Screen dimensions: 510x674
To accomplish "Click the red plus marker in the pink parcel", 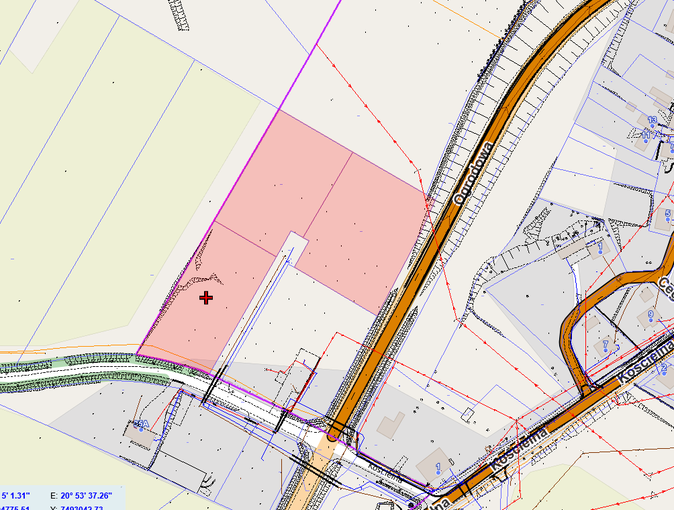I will tap(206, 298).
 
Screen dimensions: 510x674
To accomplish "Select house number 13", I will tap(652, 120).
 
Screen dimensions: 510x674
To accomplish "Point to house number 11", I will tap(646, 134).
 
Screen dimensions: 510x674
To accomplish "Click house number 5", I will tap(667, 214).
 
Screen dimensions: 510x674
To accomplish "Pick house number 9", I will tap(650, 314).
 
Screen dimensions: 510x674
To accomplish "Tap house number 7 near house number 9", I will tap(605, 345).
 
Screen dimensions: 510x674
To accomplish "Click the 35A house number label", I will tap(140, 424).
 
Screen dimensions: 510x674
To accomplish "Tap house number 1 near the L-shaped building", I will tap(438, 466).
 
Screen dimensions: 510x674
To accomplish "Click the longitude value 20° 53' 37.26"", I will tap(86, 495).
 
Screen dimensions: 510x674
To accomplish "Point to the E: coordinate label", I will tap(54, 495).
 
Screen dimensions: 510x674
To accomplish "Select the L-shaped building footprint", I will tap(390, 424).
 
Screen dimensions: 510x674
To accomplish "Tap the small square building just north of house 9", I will tap(646, 294).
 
